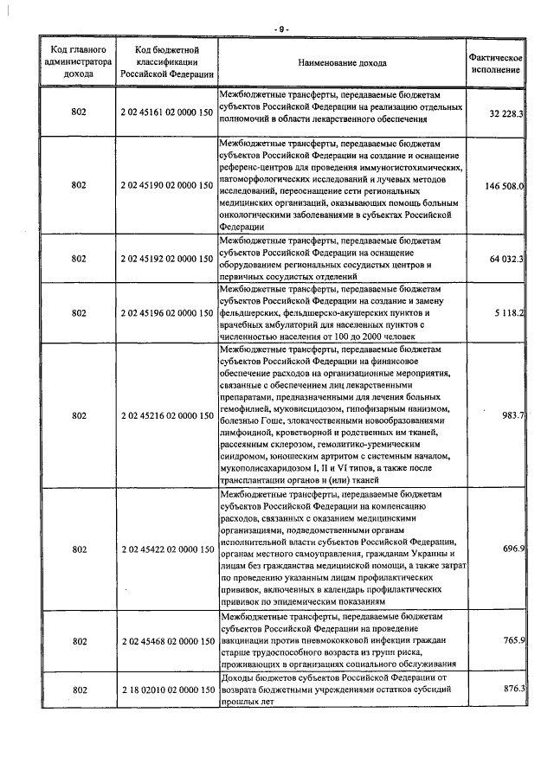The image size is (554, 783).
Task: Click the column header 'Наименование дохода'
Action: click(342, 63)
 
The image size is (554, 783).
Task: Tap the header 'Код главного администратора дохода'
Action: click(78, 63)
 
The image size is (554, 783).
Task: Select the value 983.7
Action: click(514, 415)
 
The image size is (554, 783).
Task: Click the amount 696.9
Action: click(514, 549)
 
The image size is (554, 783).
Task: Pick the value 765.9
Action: click(514, 640)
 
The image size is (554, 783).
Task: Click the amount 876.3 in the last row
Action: click(514, 689)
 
